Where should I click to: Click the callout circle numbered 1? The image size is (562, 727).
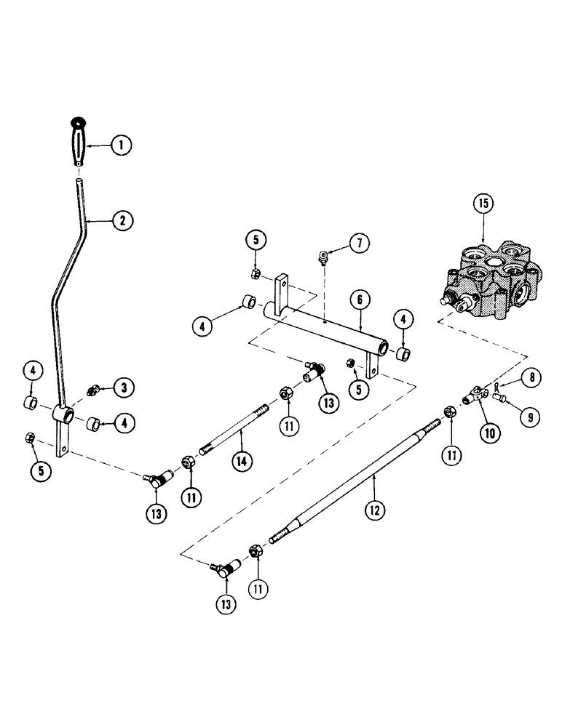point(122,145)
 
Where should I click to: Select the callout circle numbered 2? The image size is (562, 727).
point(122,219)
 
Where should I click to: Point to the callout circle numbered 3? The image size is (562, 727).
point(123,387)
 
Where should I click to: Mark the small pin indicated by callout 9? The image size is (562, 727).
point(500,396)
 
